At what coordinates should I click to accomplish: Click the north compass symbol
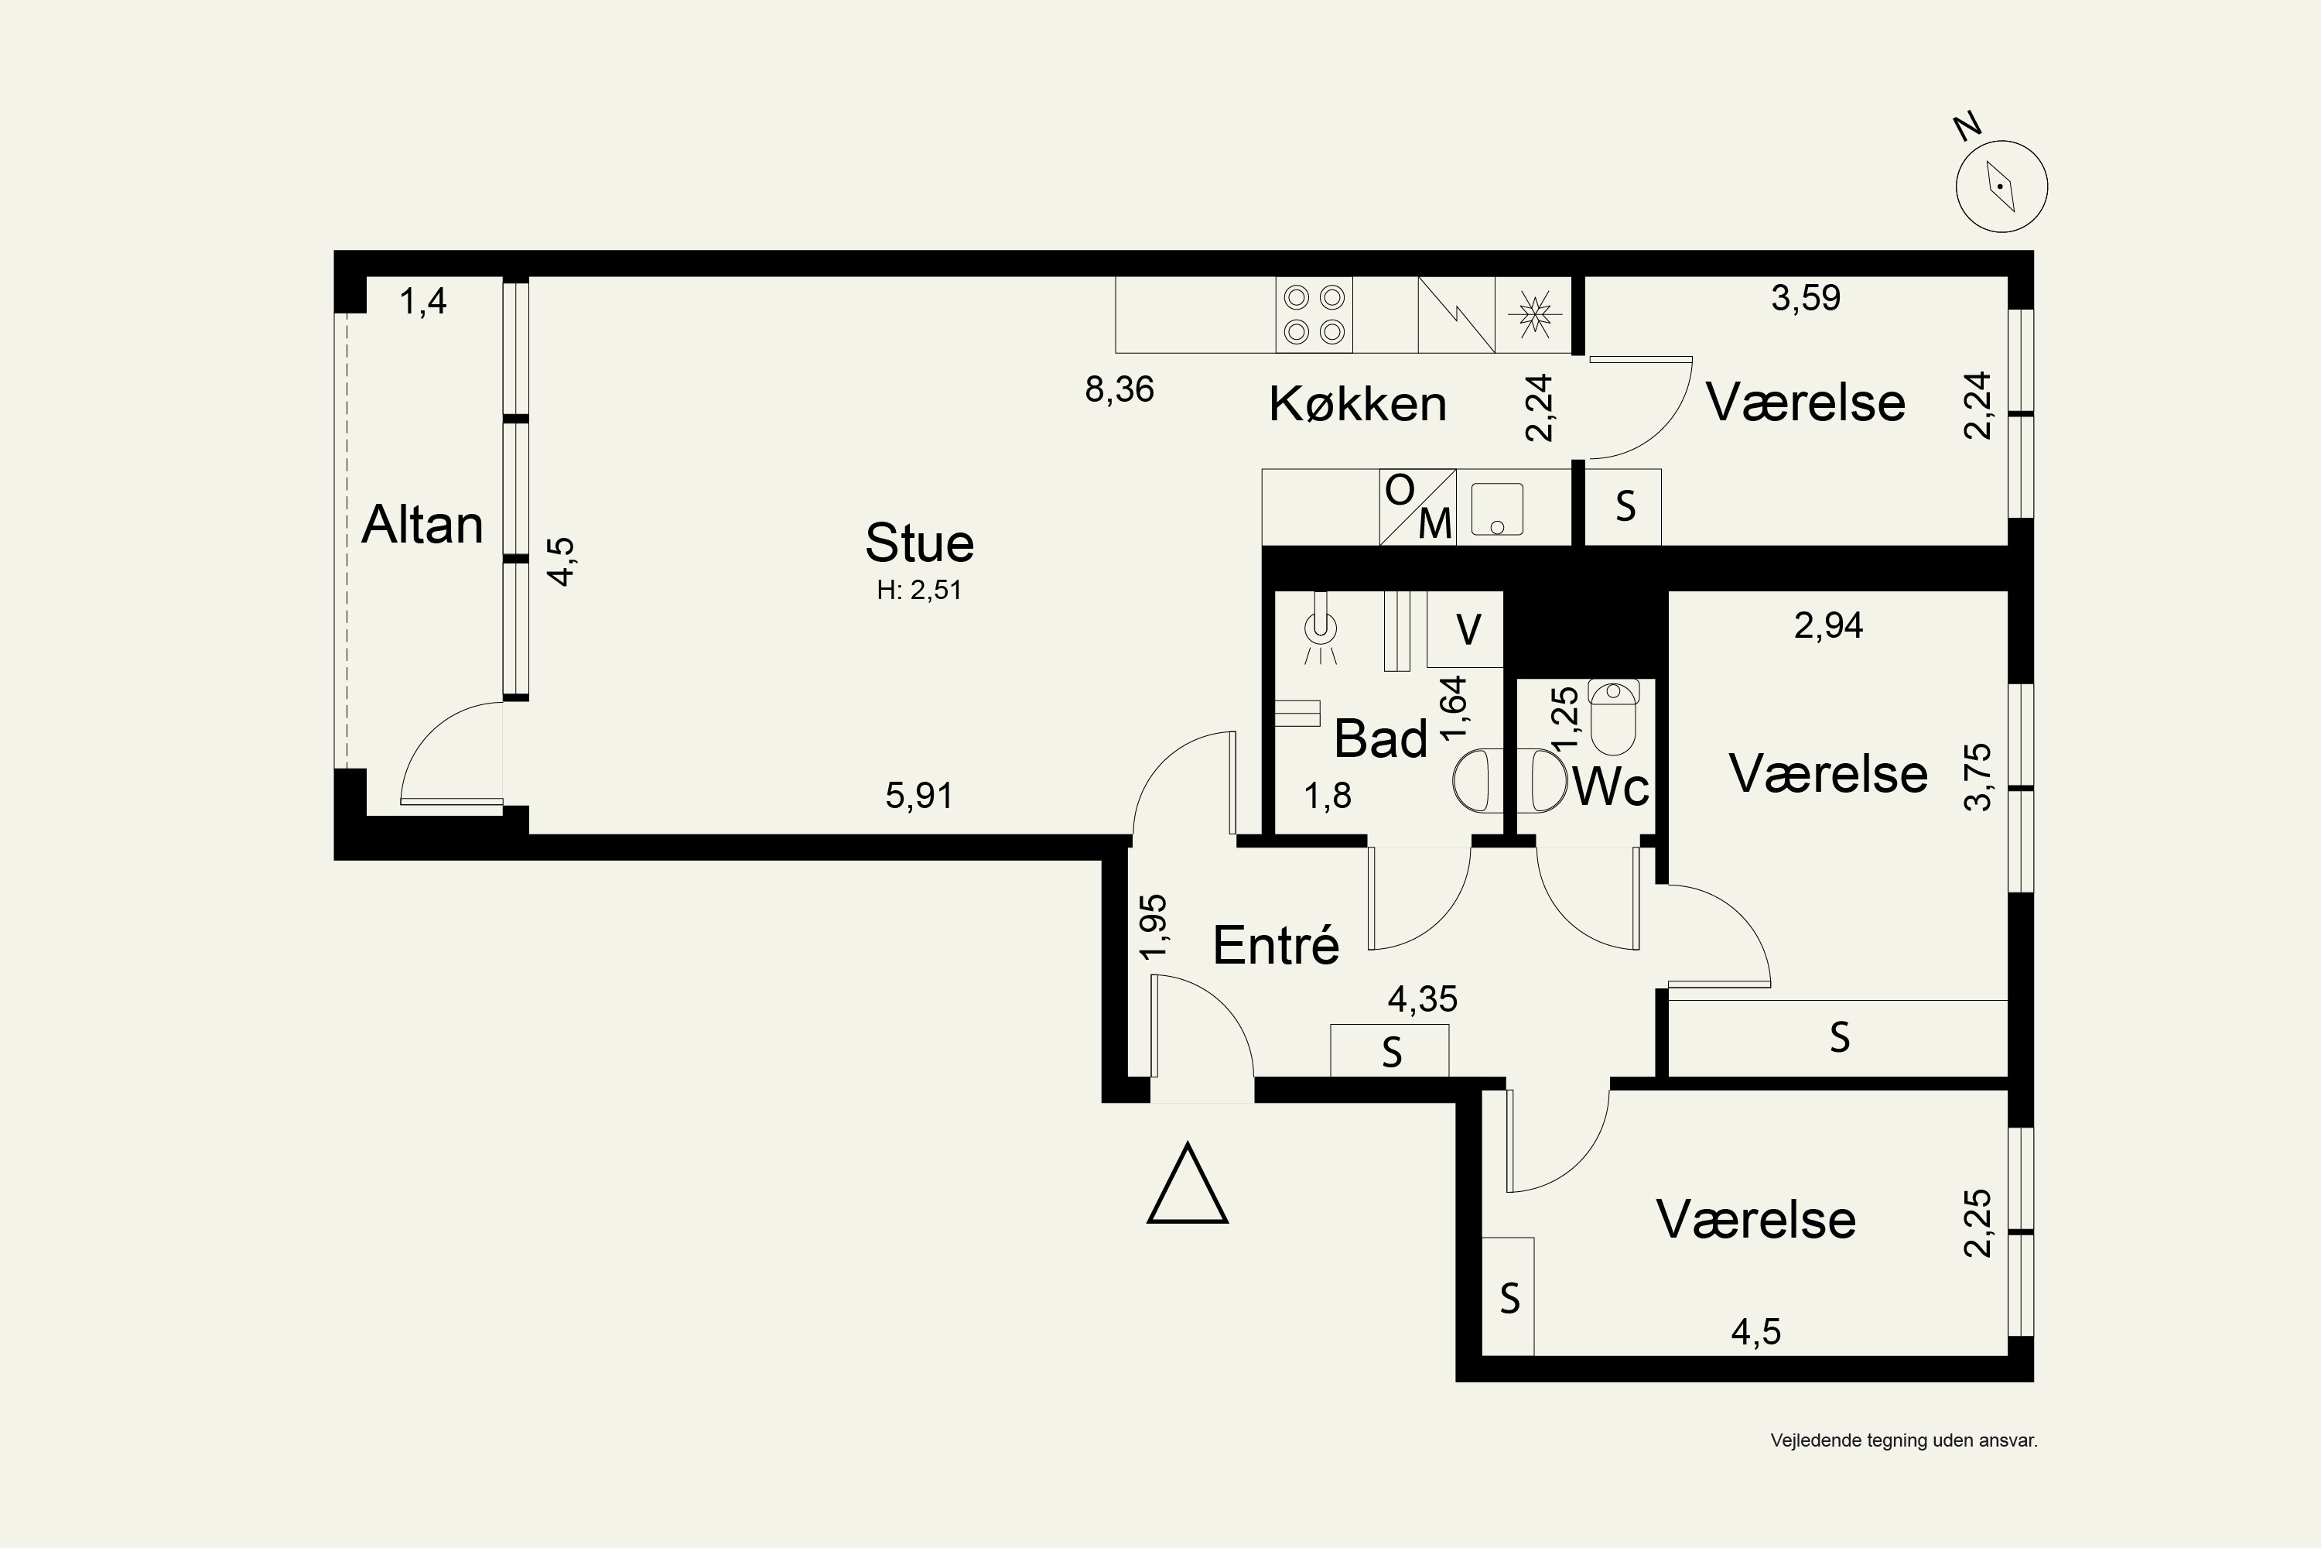tap(2002, 187)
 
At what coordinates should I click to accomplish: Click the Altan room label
tap(422, 524)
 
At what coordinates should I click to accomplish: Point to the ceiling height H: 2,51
tap(920, 591)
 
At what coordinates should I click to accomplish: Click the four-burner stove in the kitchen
tap(1314, 314)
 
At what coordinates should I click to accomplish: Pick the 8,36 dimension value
tap(1119, 389)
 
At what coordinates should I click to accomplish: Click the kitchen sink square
tap(1497, 509)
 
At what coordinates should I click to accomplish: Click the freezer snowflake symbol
tap(1533, 314)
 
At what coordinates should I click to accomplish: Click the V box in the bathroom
tap(1465, 628)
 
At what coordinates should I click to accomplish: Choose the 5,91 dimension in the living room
tap(919, 795)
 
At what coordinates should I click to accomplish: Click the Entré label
tap(1276, 945)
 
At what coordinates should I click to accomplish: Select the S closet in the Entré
tap(1390, 1050)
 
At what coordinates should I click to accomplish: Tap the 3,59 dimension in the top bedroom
tap(1806, 297)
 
